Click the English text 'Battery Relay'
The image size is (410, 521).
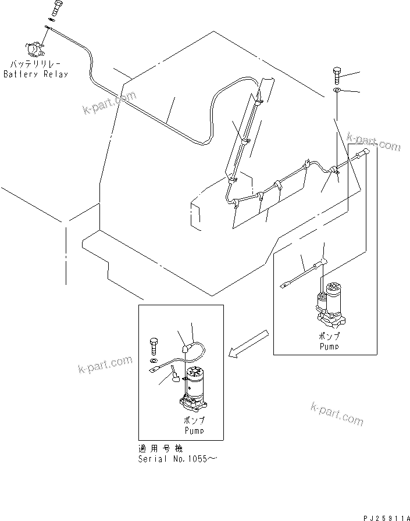coord(35,74)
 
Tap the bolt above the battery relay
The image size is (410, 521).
coord(55,9)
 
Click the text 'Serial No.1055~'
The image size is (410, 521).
coord(171,459)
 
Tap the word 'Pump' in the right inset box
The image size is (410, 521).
coord(329,346)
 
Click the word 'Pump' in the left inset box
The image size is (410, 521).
coord(194,431)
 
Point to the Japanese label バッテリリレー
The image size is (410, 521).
coord(35,65)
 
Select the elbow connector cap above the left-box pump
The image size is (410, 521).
coord(184,349)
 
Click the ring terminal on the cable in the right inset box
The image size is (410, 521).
coord(285,284)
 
